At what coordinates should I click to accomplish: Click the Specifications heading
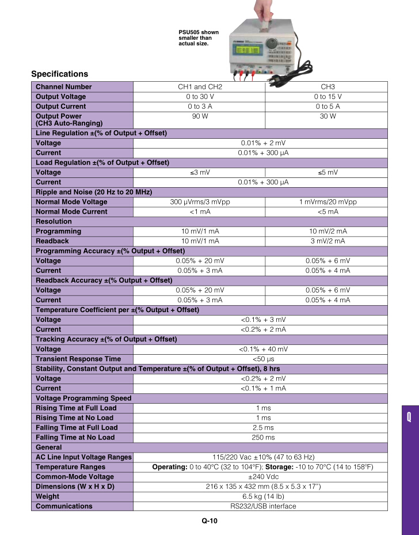coord(60,74)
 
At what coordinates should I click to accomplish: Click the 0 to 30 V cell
coord(199,97)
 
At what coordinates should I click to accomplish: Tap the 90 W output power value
coord(199,116)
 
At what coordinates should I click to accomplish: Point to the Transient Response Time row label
coord(78,359)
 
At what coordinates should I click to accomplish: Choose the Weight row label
coord(47,496)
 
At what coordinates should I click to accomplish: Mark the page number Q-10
coord(209,522)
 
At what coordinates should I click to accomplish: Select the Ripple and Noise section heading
coord(94,192)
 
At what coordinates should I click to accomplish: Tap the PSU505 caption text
coord(195,37)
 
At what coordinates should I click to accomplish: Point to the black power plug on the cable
coord(276,74)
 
